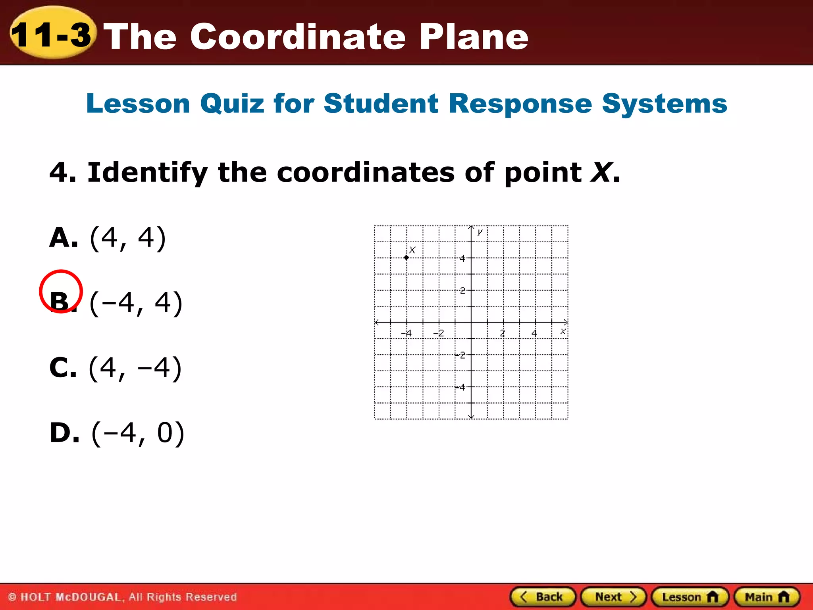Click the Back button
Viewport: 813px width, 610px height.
543,597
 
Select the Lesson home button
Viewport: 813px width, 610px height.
690,597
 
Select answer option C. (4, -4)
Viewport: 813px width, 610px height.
115,368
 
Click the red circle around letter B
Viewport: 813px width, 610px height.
61,291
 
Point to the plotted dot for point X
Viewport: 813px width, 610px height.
406,258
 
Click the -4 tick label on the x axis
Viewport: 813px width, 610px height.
406,333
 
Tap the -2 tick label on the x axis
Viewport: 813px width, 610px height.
438,333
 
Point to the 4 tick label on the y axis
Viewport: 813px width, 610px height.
462,259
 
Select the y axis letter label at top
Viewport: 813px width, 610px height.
480,232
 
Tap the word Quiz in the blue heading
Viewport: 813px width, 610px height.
232,104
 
